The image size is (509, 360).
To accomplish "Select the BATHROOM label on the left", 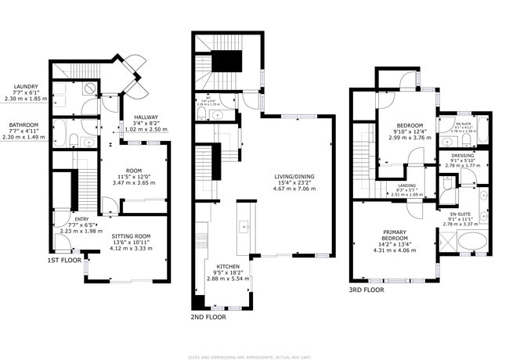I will pos(25,124).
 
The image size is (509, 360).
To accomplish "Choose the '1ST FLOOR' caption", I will pos(64,258).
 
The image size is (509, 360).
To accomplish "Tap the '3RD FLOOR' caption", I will pos(366,290).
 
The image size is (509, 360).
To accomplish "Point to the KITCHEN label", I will pos(228,266).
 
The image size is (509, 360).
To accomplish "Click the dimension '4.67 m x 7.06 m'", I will pos(294,189).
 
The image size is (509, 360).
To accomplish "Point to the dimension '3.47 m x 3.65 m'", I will pos(134,182).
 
